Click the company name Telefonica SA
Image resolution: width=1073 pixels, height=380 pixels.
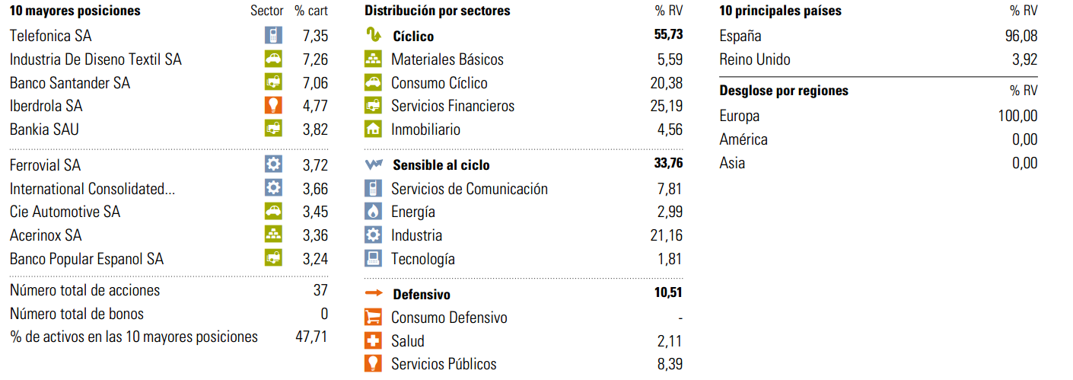[x=51, y=36]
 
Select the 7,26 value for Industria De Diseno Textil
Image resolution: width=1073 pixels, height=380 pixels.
[x=315, y=59]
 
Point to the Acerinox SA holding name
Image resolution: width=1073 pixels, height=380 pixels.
[x=46, y=235]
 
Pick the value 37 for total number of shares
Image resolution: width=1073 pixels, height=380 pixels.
[x=320, y=290]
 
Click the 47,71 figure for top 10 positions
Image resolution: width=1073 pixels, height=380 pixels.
[x=311, y=337]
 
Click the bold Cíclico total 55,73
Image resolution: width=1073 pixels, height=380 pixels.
[x=668, y=36]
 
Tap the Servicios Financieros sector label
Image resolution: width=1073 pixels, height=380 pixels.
[x=453, y=106]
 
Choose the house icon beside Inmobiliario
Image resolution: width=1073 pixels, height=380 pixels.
[x=373, y=129]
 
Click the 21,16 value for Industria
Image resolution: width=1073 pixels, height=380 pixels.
[x=667, y=235]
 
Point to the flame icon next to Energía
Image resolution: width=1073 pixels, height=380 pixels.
[x=373, y=212]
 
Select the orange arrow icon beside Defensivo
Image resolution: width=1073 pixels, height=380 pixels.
[x=373, y=294]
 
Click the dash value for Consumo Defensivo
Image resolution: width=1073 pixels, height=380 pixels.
[x=680, y=318]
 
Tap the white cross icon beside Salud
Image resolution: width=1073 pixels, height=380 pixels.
[x=373, y=341]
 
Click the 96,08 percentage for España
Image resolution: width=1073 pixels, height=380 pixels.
[x=1020, y=36]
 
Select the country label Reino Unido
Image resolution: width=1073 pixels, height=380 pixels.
[x=755, y=59]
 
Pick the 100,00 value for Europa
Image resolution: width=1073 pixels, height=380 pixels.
[x=1018, y=117]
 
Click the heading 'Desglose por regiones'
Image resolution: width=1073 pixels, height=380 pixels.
[x=784, y=91]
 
